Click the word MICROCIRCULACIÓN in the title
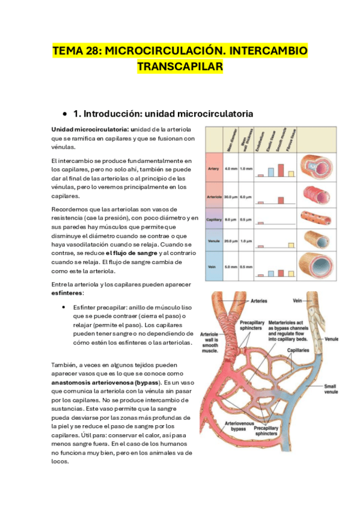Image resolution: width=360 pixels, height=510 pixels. pos(160,51)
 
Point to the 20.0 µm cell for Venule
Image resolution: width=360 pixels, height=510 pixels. pos(230,241)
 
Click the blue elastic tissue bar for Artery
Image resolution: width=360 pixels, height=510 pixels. pos(272,171)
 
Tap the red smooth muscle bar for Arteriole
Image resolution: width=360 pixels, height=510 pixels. pos(281,200)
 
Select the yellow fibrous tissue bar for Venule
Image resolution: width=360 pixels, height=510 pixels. pos(291,245)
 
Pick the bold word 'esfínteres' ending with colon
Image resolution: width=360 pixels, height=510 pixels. pos(67,293)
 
